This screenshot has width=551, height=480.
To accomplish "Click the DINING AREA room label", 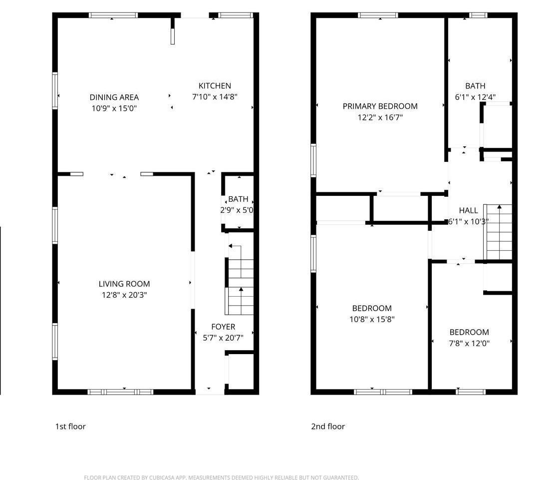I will [114, 97].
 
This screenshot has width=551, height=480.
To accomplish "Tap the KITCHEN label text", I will [215, 86].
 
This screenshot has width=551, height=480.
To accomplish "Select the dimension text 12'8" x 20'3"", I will [124, 295].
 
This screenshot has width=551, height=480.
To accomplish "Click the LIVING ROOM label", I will [124, 284].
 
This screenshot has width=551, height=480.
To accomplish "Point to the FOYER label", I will [223, 327].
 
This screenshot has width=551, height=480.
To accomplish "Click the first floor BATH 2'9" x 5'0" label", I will [238, 199].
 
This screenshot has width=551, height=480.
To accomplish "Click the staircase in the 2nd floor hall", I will [499, 232].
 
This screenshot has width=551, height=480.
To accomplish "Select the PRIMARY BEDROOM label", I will [380, 106].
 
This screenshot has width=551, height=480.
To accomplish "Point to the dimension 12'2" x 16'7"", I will [380, 117].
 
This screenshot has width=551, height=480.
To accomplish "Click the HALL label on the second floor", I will [468, 211].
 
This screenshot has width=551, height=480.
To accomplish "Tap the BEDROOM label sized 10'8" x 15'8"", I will [372, 309].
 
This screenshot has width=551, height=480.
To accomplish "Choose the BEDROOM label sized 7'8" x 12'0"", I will [469, 333].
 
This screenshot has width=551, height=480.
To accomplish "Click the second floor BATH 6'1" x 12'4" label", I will [475, 86].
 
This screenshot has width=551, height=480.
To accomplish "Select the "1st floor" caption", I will [70, 427].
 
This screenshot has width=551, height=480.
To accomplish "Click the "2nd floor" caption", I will [328, 427].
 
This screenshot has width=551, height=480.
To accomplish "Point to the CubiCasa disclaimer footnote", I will [221, 478].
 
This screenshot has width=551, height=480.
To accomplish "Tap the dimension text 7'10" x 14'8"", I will [215, 97].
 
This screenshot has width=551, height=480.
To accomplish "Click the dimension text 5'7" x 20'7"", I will [223, 338].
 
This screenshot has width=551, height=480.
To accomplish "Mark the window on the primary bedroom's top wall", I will [378, 15].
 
